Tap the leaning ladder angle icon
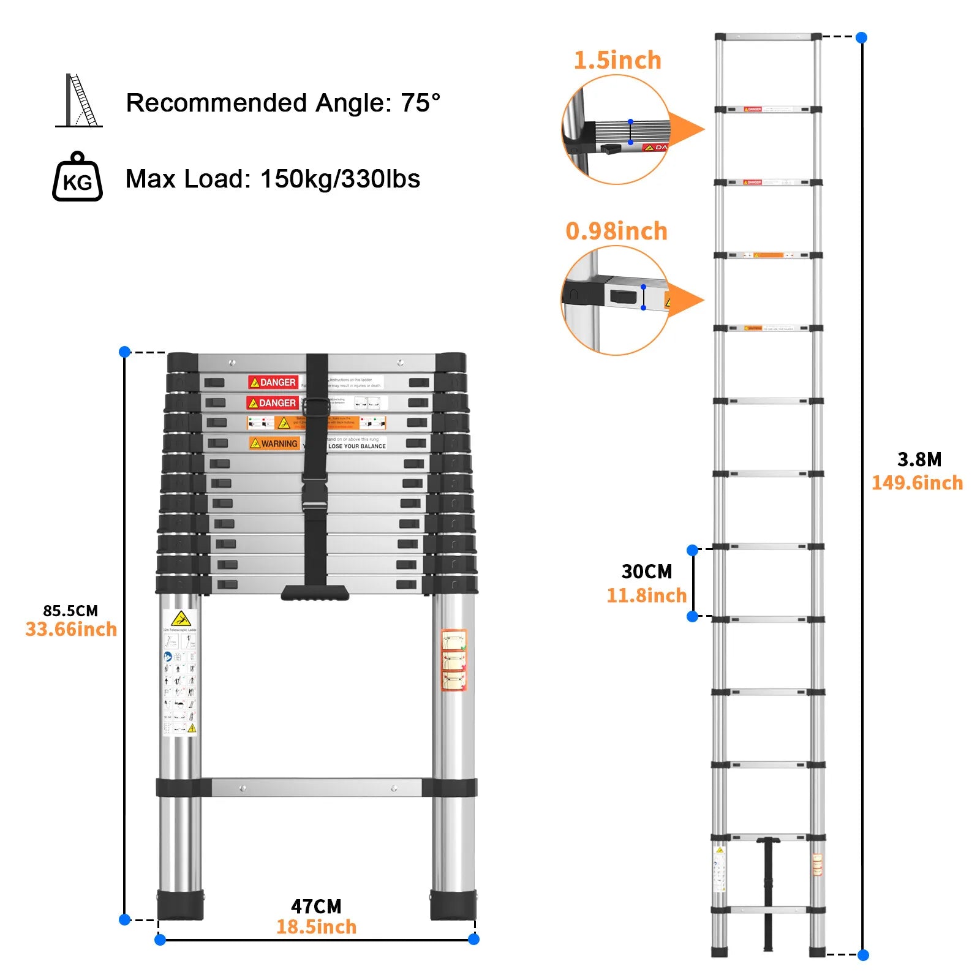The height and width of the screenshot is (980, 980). (80, 101)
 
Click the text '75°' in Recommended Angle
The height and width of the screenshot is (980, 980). (420, 103)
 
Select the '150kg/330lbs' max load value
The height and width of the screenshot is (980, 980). (340, 179)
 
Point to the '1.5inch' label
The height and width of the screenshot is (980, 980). (617, 61)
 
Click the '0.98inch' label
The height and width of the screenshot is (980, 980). (616, 232)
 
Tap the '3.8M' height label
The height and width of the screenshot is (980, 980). (919, 459)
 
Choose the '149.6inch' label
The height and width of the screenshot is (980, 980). (917, 483)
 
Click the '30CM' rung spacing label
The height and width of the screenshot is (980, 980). (647, 571)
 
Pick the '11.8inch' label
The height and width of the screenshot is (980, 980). (646, 595)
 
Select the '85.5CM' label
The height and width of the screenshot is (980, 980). (70, 611)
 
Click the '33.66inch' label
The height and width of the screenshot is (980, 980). (71, 630)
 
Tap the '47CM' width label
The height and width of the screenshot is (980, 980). (316, 907)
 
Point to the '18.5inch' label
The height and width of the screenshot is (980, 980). (316, 927)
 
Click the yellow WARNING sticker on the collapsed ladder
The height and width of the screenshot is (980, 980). (274, 443)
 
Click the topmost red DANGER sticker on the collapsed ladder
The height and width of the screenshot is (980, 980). (273, 382)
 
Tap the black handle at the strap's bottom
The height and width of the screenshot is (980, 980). (315, 592)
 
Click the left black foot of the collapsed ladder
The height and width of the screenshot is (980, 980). (180, 905)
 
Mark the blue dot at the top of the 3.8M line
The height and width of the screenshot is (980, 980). (861, 37)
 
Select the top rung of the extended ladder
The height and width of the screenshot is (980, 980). (768, 37)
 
